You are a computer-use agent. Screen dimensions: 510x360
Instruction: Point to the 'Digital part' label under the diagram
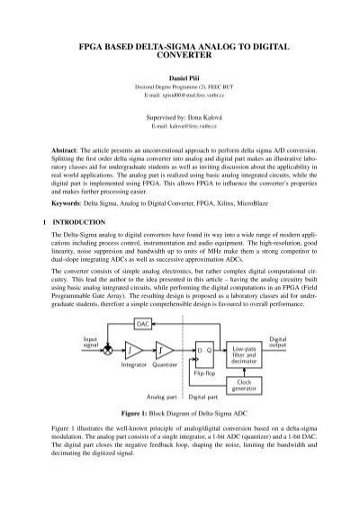coord(208,422)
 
